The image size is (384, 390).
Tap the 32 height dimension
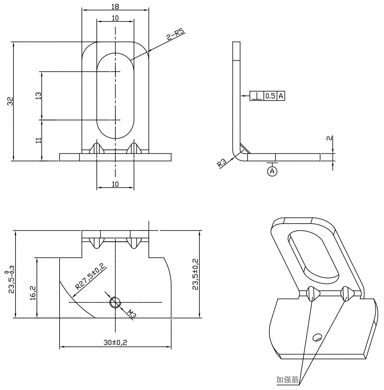click(10, 101)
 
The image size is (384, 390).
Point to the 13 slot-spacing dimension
click(38, 96)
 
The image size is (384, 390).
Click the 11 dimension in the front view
click(38, 140)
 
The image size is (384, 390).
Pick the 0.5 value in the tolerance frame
click(270, 96)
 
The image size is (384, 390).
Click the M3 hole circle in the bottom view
click(115, 302)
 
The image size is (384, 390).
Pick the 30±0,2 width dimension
click(115, 343)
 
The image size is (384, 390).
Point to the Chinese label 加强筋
click(288, 380)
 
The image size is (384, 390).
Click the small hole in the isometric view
click(317, 336)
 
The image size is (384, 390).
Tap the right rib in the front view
click(134, 148)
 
